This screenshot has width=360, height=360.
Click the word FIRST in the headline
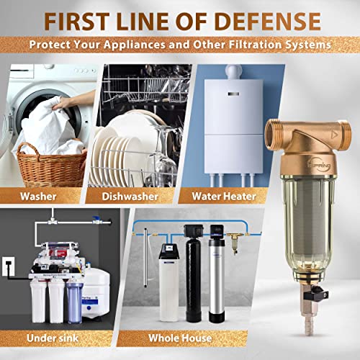(x=81, y=19)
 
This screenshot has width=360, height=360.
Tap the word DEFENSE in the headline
(x=271, y=19)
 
